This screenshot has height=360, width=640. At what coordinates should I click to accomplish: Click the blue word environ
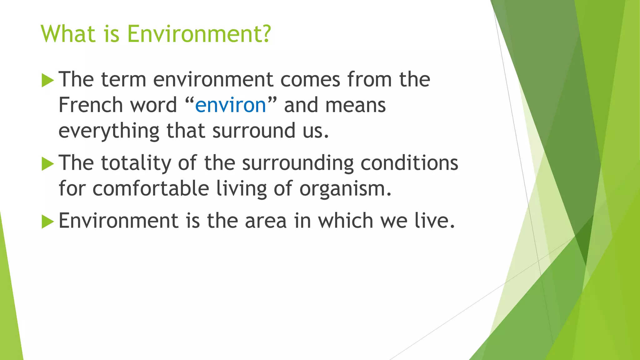tap(230, 105)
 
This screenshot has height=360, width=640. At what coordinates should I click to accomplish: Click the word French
tap(91, 105)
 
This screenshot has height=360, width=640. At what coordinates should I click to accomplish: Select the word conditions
tap(409, 163)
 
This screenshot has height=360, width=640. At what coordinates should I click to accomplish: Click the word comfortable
tap(151, 189)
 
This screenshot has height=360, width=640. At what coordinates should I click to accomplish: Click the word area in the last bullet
tap(266, 221)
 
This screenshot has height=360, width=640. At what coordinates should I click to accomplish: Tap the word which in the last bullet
tap(346, 221)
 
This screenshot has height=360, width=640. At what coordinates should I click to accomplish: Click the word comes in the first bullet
tap(310, 80)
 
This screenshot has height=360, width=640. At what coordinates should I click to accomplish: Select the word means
tap(355, 105)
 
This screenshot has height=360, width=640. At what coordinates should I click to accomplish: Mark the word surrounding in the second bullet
tap(298, 163)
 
